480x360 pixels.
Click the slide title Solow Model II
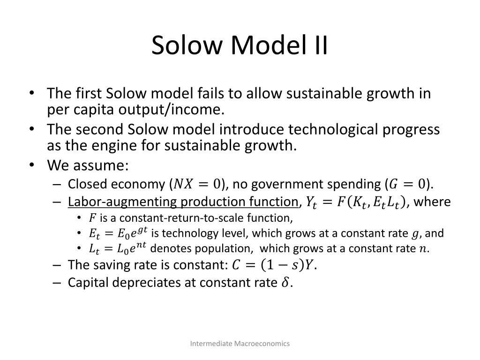[240, 45]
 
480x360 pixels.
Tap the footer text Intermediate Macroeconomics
[240, 344]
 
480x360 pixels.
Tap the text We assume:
[88, 165]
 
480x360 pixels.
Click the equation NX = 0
[197, 184]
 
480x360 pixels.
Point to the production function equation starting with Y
[356, 202]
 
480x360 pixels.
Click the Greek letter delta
[286, 283]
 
